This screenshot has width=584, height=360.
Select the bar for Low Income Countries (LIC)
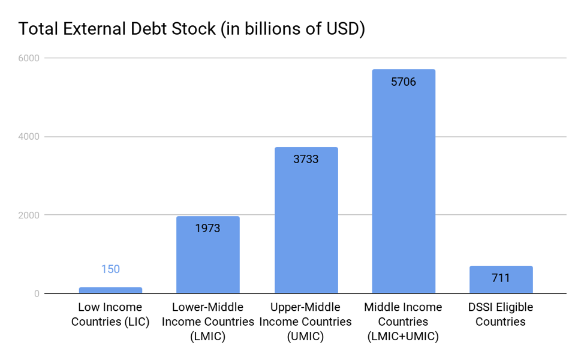[x=110, y=290]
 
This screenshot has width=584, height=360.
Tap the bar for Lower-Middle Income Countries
[x=208, y=254]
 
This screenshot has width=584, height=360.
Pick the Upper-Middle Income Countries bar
[x=306, y=220]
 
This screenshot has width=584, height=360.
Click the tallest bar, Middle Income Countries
[x=404, y=181]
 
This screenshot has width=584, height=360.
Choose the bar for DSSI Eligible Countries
[x=501, y=280]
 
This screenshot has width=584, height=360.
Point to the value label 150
[x=110, y=269]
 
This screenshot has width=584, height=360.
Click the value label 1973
[x=208, y=228]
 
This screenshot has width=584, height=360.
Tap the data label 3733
[x=306, y=159]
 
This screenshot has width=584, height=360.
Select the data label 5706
[x=404, y=82]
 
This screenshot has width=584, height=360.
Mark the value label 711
[x=501, y=278]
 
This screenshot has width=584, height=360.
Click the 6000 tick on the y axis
[x=29, y=58]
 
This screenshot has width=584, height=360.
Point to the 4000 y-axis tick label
[x=29, y=136]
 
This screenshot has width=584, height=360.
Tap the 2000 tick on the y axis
[x=29, y=215]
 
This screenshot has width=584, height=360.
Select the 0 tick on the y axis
[x=37, y=293]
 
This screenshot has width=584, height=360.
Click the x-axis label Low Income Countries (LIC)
[x=110, y=314]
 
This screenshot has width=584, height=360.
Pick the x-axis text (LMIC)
[x=208, y=336]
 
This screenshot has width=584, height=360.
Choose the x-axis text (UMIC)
[x=305, y=336]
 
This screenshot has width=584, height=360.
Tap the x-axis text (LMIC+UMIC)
[x=403, y=336]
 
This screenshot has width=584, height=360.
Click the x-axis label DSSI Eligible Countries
[x=501, y=314]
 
